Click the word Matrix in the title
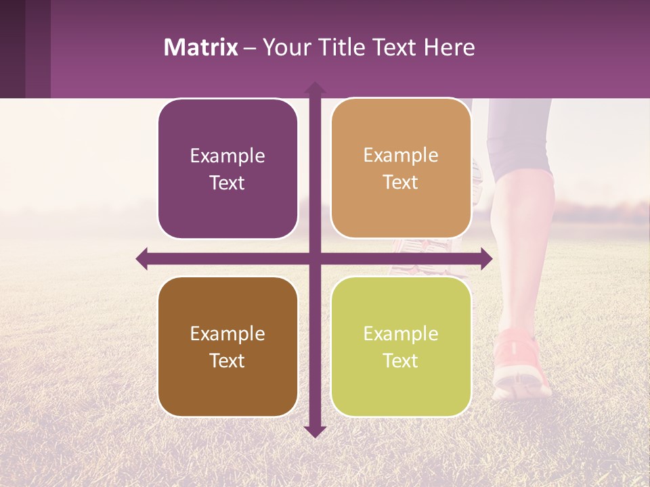(201, 47)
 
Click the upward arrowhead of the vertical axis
(315, 88)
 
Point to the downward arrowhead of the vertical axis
(315, 431)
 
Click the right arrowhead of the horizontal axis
(486, 259)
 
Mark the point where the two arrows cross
(315, 259)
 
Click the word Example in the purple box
(227, 156)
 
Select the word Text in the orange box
(401, 183)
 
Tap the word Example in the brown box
(227, 333)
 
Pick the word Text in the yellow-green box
(401, 361)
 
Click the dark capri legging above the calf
(520, 135)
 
